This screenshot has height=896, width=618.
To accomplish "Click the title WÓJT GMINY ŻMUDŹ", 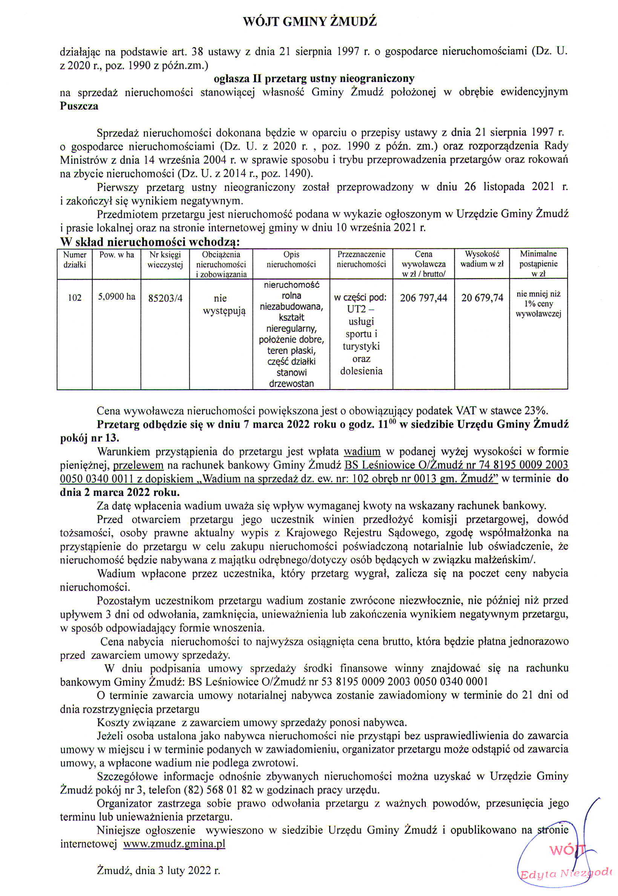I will click(x=310, y=21).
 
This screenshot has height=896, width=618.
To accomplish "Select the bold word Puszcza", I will click(x=79, y=106).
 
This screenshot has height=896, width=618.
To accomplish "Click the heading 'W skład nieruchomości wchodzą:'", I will click(x=150, y=242).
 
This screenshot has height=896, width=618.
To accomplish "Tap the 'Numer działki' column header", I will click(x=75, y=260).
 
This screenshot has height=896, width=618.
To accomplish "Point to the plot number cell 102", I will click(x=75, y=298).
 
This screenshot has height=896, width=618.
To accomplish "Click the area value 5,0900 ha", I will click(x=117, y=297).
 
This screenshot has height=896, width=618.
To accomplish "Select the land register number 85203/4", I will click(x=166, y=298).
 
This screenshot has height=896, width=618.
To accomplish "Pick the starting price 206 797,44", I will click(x=423, y=298).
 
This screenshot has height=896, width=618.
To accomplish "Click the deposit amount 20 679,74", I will click(x=482, y=298).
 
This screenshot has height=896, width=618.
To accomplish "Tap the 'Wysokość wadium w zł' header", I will click(x=482, y=259).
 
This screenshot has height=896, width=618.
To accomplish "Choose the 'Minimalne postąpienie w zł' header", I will click(x=538, y=263).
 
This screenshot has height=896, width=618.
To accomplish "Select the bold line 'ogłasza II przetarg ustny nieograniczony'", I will click(x=314, y=79).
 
